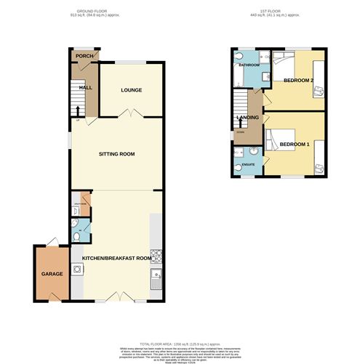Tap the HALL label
[85, 88]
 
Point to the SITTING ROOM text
[117, 154]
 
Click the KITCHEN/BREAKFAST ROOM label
[116, 258]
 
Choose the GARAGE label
[52, 274]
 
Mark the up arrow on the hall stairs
[78, 110]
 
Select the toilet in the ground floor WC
[78, 237]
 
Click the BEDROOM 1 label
[295, 144]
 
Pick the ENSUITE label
[248, 164]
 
